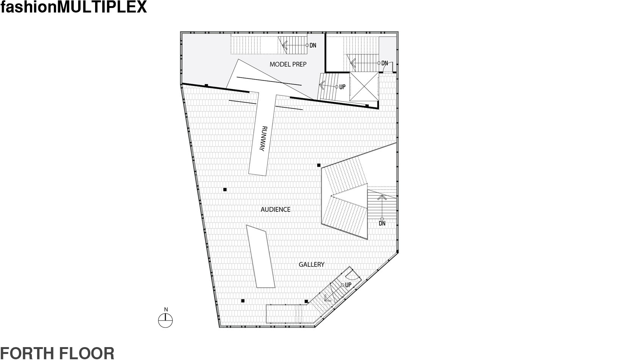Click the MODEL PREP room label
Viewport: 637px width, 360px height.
[x=288, y=64]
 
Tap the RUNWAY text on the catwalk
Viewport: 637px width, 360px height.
[x=263, y=139]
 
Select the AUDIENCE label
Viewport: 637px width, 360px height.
[x=276, y=210]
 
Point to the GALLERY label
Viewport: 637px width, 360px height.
[x=311, y=265]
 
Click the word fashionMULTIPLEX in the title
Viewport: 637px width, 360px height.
[x=74, y=7]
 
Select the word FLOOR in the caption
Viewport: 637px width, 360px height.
[x=86, y=354]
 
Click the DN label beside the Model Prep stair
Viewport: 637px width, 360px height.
[x=313, y=45]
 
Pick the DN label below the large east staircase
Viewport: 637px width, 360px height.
[x=382, y=224]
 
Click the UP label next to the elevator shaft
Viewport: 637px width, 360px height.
[x=342, y=87]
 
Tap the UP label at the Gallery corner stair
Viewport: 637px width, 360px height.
[x=348, y=285]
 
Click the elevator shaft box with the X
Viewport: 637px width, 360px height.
[x=364, y=87]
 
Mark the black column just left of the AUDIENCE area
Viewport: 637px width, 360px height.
[x=225, y=189]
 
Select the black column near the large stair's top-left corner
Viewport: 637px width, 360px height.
[x=319, y=165]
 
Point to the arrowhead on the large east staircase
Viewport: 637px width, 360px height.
[x=382, y=197]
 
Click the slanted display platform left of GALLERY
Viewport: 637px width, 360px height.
[x=260, y=256]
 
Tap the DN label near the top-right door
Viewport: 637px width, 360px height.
[x=384, y=63]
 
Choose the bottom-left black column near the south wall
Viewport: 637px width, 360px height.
[x=243, y=301]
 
